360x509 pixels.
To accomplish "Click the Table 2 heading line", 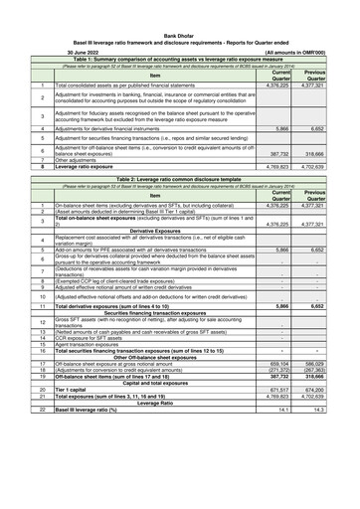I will click(180, 180).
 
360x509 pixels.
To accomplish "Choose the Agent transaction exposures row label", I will click(95, 372).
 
